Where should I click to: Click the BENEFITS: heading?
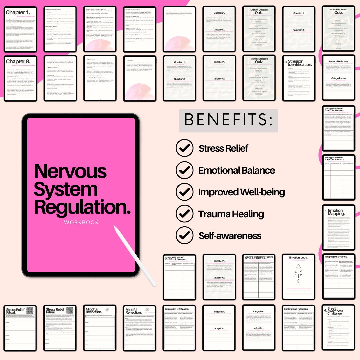228,120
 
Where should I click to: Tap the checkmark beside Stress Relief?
184,148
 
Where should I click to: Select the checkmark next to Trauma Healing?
184,214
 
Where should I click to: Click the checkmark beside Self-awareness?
184,236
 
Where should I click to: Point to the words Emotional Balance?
236,170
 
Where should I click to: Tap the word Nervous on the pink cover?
70,171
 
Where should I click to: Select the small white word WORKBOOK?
82,222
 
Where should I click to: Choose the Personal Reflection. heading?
338,62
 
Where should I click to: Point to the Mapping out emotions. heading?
338,257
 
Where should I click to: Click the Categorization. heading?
338,79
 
